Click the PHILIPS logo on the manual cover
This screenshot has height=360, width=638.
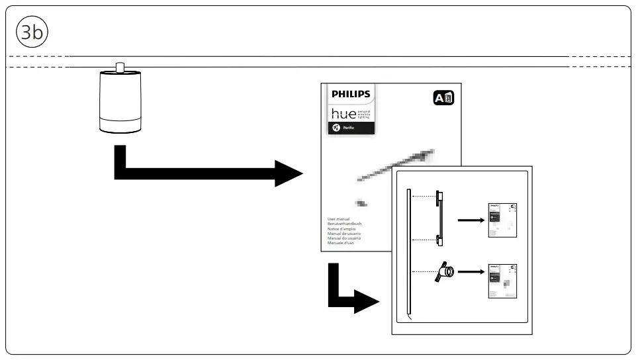[351, 94]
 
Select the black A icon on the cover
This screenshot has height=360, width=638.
[443, 99]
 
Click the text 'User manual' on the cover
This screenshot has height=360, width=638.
[339, 218]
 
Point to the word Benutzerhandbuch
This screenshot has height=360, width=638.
[344, 224]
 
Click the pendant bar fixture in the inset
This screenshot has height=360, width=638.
[438, 218]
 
